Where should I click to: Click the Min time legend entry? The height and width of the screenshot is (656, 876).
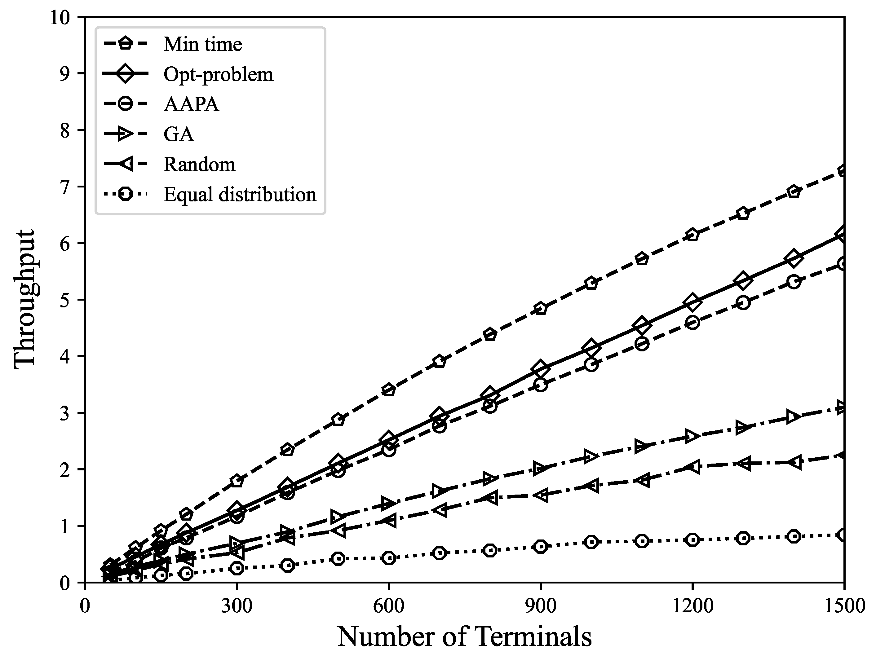[202, 44]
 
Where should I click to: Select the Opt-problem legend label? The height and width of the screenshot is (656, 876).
[218, 74]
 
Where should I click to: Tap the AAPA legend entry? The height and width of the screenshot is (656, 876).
[191, 104]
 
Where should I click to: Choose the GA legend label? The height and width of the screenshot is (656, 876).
[179, 134]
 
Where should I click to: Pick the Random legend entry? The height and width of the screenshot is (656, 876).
[200, 164]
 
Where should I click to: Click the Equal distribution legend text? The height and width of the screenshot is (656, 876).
[240, 194]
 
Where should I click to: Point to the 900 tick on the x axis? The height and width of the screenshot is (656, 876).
[541, 606]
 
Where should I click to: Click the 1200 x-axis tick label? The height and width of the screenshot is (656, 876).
[692, 606]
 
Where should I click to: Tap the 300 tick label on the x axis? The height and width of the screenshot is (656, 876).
[237, 606]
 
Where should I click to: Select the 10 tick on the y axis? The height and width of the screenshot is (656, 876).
[60, 17]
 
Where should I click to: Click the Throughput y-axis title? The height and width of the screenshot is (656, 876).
[24, 300]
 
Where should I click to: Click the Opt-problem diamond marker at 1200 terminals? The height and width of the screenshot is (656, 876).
[692, 302]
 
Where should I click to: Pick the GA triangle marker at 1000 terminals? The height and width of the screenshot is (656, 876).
[591, 456]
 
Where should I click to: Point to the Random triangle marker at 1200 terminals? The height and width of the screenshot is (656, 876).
[692, 467]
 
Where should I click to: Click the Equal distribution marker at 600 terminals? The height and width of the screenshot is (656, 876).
[389, 558]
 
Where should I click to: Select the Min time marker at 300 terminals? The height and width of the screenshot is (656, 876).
[237, 481]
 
